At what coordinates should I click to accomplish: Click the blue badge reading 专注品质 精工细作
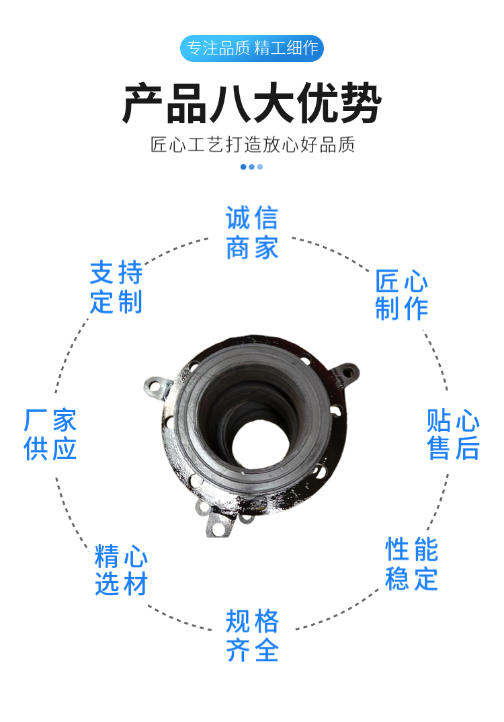pyautogui.click(x=252, y=48)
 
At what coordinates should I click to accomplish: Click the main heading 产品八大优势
pyautogui.click(x=252, y=103)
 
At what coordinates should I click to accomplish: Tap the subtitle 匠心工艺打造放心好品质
pyautogui.click(x=252, y=145)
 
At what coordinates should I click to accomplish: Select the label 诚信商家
pyautogui.click(x=252, y=233)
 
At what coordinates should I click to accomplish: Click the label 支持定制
pyautogui.click(x=116, y=287)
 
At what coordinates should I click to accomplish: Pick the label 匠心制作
pyautogui.click(x=401, y=294)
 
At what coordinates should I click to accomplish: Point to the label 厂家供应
pyautogui.click(x=50, y=434)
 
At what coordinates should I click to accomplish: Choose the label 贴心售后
pyautogui.click(x=454, y=434)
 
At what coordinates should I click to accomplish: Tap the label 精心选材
pyautogui.click(x=121, y=569)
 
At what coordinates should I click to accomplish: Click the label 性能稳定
pyautogui.click(x=411, y=563)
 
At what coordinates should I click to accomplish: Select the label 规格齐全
pyautogui.click(x=252, y=635)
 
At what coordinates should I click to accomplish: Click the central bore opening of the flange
pyautogui.click(x=261, y=445)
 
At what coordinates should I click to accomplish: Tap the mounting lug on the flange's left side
pyautogui.click(x=157, y=389)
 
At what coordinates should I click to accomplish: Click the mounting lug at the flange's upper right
pyautogui.click(x=346, y=374)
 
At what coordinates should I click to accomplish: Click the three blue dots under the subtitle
pyautogui.click(x=252, y=167)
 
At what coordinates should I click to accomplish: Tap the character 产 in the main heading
pyautogui.click(x=143, y=103)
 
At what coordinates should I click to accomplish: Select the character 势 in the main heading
pyautogui.click(x=361, y=103)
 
